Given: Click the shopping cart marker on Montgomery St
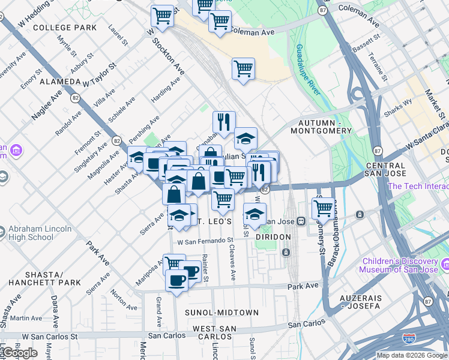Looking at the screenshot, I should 323,208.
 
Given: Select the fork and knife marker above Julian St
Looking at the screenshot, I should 224,122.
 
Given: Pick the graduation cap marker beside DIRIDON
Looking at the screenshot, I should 255,214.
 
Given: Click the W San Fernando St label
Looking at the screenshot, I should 205,241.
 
